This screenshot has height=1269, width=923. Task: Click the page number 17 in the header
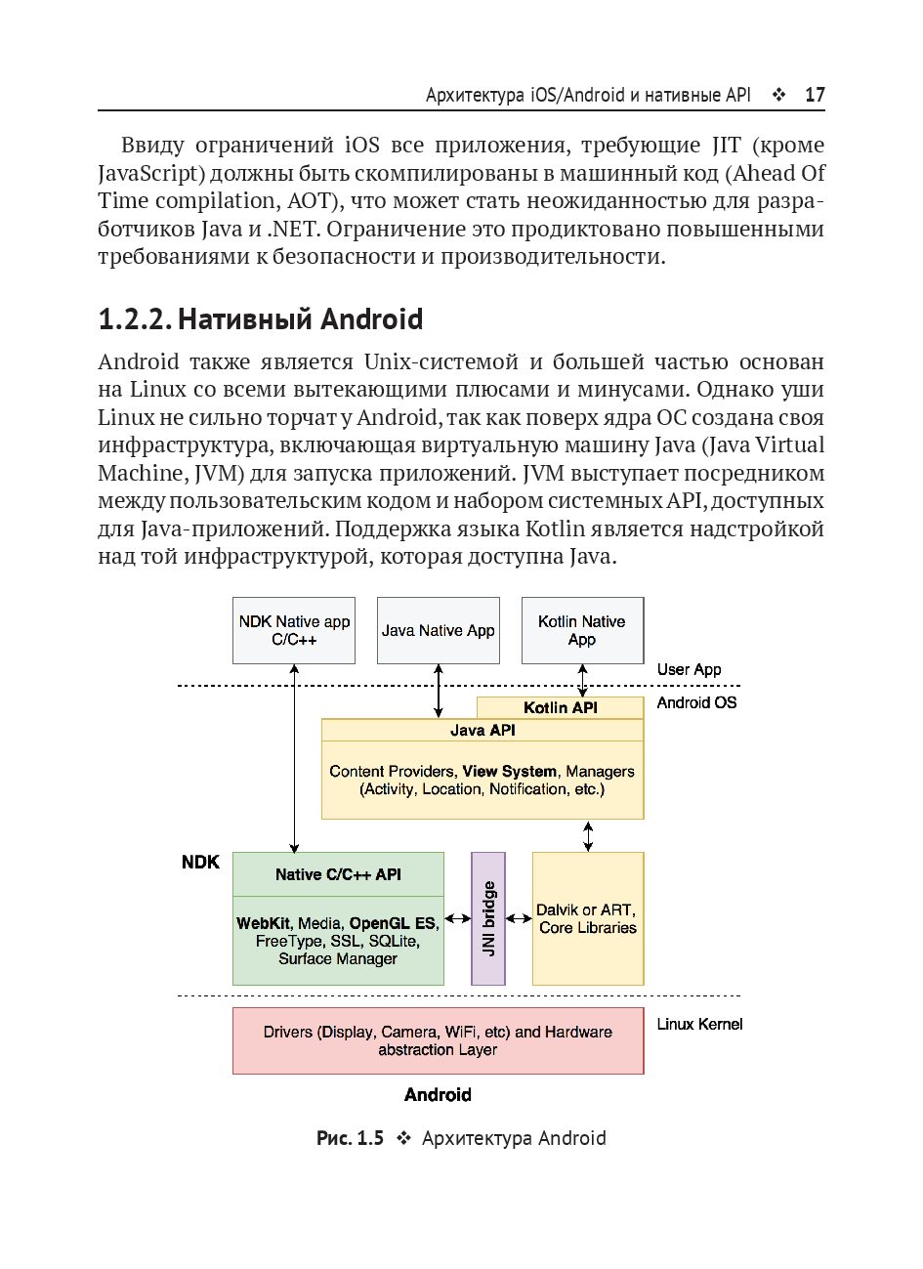pos(815,95)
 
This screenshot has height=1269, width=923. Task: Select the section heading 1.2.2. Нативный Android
pos(261,319)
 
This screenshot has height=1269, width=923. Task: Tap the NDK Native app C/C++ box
pos(294,630)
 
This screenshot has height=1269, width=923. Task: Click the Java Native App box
pos(438,630)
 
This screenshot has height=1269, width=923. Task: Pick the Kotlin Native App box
pos(582,630)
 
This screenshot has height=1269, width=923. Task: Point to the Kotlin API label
pos(560,708)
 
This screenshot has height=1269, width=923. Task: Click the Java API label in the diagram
pos(482,731)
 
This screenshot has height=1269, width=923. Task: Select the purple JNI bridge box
pos(488,918)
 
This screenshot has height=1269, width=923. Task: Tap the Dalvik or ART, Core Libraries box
pos(587,918)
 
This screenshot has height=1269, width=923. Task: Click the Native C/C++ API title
pos(338,874)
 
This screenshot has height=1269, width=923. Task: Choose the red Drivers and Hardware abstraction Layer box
pos(438,1040)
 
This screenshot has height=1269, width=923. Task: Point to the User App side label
pos(689,669)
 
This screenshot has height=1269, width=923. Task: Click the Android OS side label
pos(696,702)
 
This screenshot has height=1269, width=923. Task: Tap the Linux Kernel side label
pos(699,1024)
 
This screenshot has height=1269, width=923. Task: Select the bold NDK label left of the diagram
pos(200,862)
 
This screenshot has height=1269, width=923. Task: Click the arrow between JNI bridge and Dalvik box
pos(519,918)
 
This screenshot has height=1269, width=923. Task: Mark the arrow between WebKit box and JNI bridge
pos(457,918)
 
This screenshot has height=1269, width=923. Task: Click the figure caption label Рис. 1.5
pos(350,1138)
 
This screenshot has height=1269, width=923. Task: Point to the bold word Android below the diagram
pos(438,1095)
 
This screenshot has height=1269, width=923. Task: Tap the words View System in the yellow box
pos(509,771)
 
